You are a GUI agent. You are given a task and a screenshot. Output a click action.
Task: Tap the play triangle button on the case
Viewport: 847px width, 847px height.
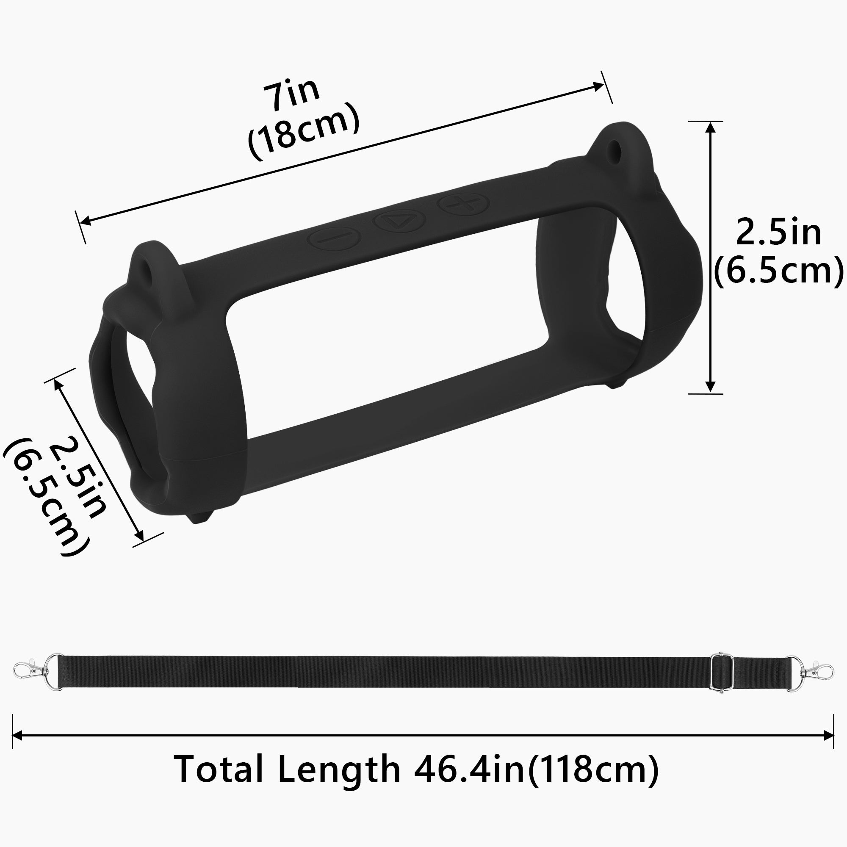point(399,221)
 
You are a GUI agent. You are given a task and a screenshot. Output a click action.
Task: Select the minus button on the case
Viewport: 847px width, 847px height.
point(335,238)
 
